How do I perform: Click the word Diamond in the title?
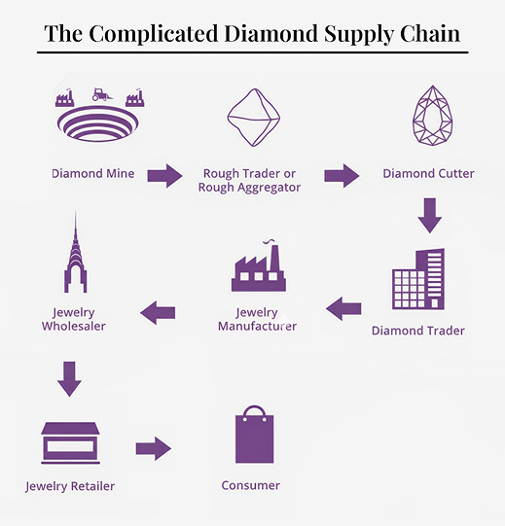tap(271, 34)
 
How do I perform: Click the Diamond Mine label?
tap(93, 173)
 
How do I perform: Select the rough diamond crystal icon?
tap(254, 118)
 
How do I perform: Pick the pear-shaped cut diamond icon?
tap(432, 116)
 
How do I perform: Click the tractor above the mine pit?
tap(101, 94)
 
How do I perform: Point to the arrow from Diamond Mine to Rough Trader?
tap(164, 175)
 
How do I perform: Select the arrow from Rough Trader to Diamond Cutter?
tap(342, 175)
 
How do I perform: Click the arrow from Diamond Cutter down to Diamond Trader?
tap(430, 216)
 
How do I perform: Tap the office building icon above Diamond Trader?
tap(418, 279)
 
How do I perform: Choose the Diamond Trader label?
tap(418, 331)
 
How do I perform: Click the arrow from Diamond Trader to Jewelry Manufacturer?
tap(343, 308)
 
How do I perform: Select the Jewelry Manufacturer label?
tap(257, 319)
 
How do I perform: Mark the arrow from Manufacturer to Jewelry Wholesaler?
tap(158, 313)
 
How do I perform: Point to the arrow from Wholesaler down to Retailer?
tap(69, 379)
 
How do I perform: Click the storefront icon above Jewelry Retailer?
tap(70, 443)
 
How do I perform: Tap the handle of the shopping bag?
tap(255, 412)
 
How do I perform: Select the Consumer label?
tap(250, 485)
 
